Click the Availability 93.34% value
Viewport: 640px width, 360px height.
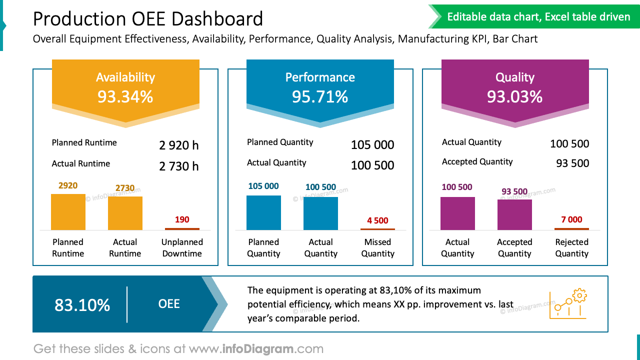(125, 96)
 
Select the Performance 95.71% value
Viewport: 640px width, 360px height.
(320, 96)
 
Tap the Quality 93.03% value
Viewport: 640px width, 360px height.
(514, 96)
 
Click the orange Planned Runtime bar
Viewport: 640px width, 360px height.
(68, 212)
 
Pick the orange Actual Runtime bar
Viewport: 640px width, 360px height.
(125, 213)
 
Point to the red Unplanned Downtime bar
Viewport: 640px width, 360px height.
(182, 229)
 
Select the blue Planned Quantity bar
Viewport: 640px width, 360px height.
(263, 212)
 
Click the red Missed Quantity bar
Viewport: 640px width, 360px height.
(377, 229)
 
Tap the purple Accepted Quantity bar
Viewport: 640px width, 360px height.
(514, 214)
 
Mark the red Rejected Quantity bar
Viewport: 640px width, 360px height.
(571, 229)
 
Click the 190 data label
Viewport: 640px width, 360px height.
(182, 219)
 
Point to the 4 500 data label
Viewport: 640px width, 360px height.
(377, 220)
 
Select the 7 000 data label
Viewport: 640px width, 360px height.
(571, 219)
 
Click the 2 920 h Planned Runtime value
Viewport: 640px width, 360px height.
(178, 145)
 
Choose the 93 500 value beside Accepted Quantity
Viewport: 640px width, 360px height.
(572, 163)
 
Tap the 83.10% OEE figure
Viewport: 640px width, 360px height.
(82, 305)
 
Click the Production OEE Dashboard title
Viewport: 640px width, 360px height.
(148, 19)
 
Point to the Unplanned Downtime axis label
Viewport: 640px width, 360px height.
(182, 248)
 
